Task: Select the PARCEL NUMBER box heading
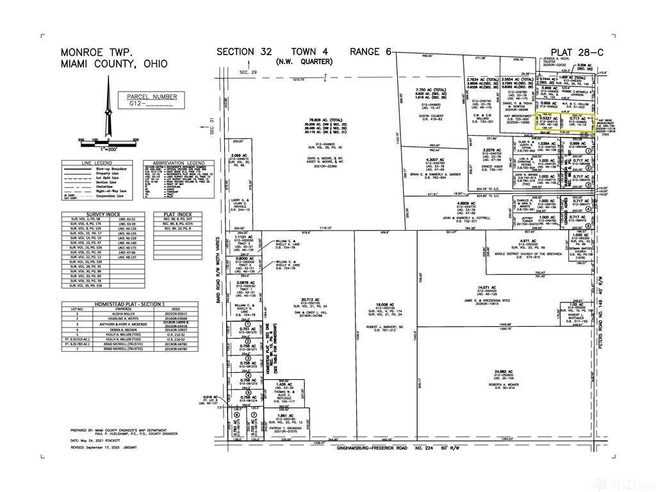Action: (x=152, y=96)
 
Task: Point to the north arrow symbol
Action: (x=108, y=122)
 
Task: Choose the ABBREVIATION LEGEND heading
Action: (x=174, y=163)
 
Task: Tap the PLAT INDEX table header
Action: (x=176, y=214)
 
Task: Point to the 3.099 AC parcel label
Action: (x=238, y=156)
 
